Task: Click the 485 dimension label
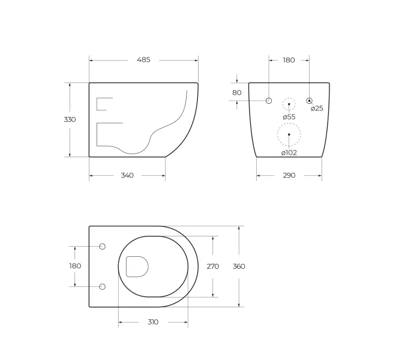[x=143, y=60]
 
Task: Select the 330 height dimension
[x=70, y=119]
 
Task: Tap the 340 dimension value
[x=127, y=175]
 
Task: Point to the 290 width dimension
[x=289, y=175]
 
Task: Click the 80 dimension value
[x=237, y=92]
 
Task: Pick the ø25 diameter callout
[x=317, y=109]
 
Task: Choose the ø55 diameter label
[x=289, y=117]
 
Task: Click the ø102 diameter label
[x=289, y=152]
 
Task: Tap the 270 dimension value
[x=213, y=266]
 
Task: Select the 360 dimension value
[x=239, y=266]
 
